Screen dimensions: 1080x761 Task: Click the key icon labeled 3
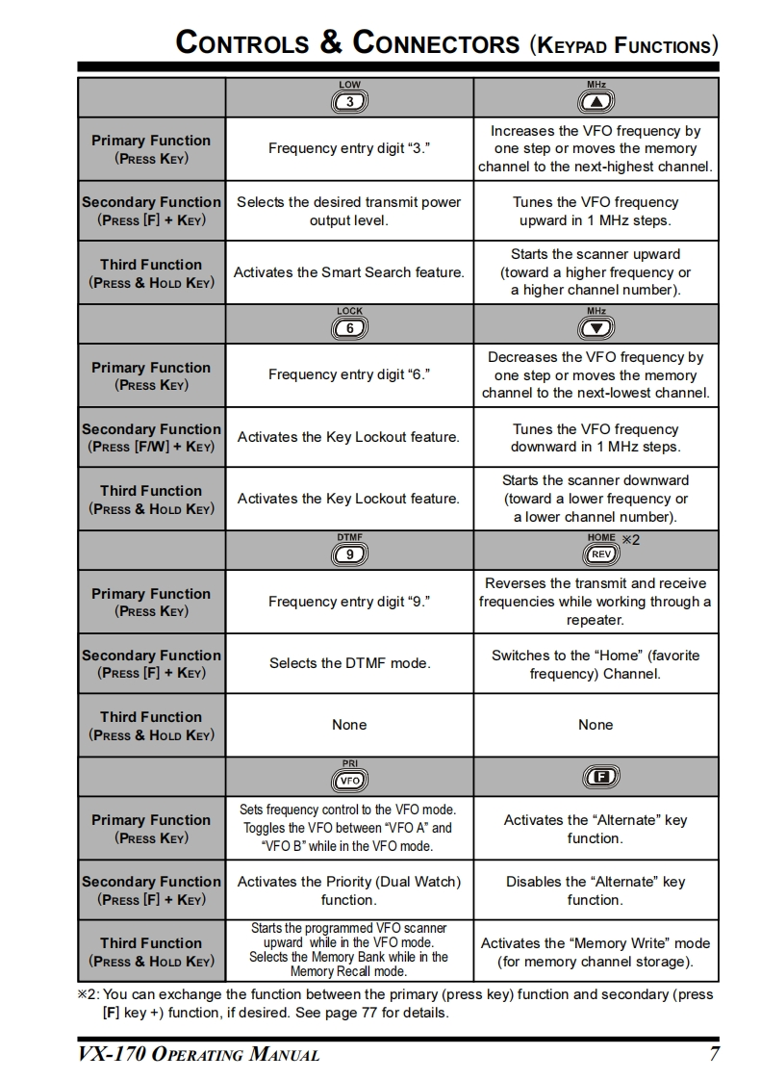tap(349, 102)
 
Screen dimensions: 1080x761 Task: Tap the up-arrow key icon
tap(596, 102)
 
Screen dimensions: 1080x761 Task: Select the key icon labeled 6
tap(349, 328)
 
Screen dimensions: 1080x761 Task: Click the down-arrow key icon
tap(596, 328)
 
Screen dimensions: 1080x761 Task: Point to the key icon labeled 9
tap(349, 554)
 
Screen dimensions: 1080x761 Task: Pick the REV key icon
tap(600, 554)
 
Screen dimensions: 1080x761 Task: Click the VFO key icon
tap(349, 780)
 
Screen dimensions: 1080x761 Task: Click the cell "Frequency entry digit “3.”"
tap(349, 148)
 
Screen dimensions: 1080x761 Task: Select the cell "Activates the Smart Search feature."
tap(349, 272)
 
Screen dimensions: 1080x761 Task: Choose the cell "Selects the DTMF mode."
tap(349, 663)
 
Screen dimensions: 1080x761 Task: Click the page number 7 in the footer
tap(714, 1054)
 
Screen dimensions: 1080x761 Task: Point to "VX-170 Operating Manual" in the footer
tap(199, 1054)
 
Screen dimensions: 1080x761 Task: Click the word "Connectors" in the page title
tap(436, 43)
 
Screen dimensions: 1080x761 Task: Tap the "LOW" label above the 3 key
tap(349, 85)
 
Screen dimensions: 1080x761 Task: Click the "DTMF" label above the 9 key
tap(349, 537)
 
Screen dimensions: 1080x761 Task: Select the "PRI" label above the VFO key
tap(349, 763)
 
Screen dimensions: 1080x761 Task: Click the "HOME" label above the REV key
tap(600, 538)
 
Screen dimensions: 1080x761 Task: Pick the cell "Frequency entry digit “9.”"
tap(349, 602)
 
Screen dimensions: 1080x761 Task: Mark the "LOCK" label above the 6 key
tap(349, 311)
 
